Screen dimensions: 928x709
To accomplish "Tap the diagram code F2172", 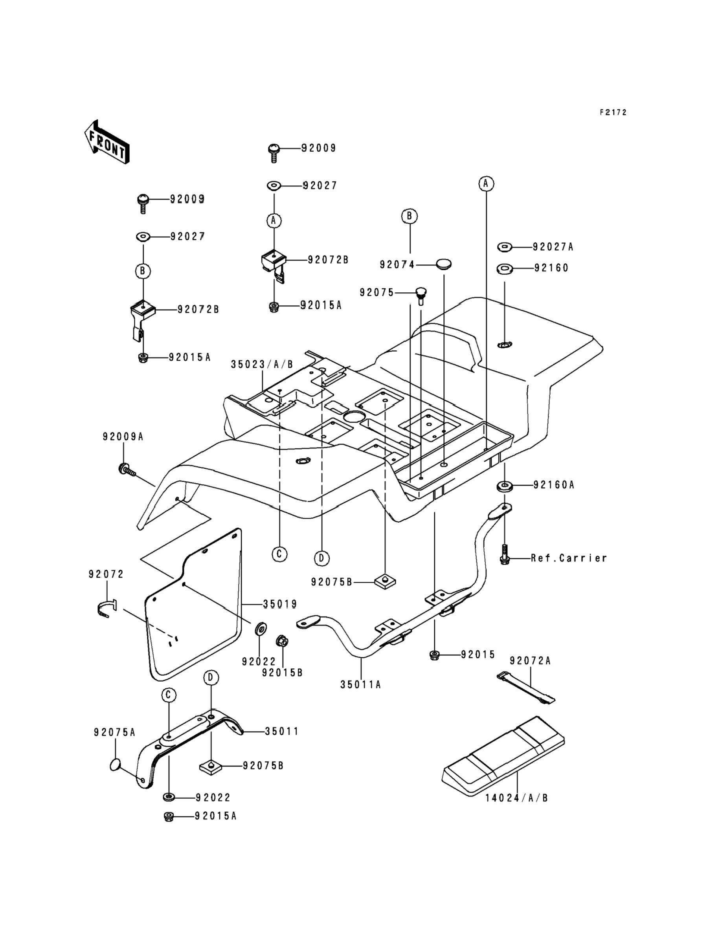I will [613, 112].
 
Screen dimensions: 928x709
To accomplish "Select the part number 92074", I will [397, 264].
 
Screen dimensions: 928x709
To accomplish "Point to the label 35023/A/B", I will [262, 365].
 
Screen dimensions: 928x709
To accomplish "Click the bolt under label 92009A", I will [126, 469].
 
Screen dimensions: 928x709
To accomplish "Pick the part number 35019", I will [280, 605].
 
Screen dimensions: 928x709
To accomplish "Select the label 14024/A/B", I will [516, 798].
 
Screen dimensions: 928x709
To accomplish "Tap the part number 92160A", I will [554, 485].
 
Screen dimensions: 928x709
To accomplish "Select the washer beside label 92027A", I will [505, 247].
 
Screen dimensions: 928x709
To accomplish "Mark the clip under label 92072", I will [104, 609].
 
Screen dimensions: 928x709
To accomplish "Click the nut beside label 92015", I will [434, 655].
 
